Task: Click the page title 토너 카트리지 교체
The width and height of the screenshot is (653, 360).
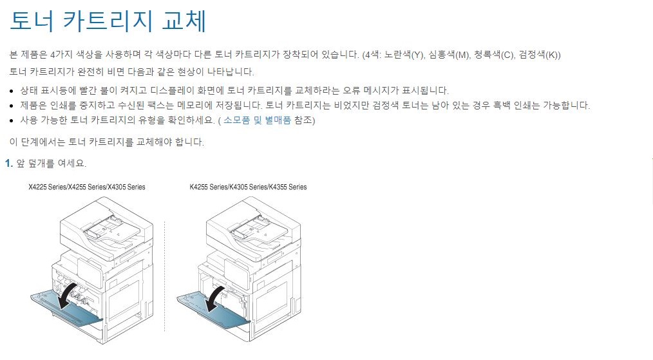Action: pos(108,21)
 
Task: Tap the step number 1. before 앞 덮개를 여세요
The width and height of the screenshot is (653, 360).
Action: pos(8,164)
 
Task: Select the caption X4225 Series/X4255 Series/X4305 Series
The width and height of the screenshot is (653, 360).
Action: pos(87,187)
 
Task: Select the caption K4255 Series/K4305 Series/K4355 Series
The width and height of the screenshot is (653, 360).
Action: pos(248,187)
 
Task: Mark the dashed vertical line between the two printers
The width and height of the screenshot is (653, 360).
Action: pos(164,277)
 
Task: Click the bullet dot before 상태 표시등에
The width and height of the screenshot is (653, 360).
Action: pos(14,91)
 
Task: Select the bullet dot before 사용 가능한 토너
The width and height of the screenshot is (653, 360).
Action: pos(14,121)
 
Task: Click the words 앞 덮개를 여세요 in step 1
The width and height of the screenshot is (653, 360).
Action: pos(51,164)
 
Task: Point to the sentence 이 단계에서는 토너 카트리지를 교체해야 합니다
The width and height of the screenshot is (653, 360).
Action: pos(107,142)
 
